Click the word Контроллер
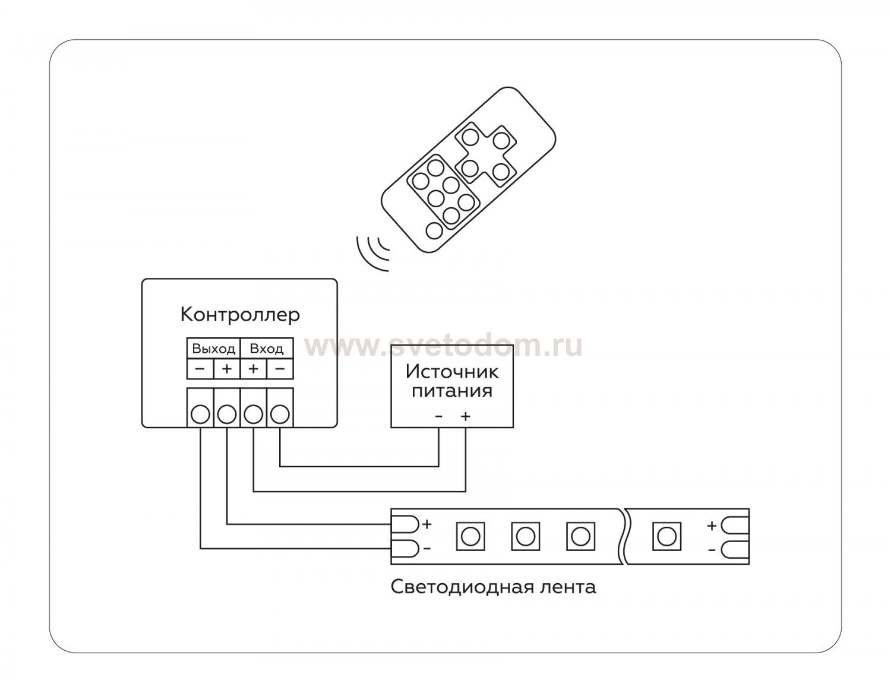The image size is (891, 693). coord(240,314)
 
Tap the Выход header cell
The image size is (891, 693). coord(213,349)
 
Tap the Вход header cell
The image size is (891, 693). coord(266,349)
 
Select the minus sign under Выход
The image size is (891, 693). coord(200,369)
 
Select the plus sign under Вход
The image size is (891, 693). coord(253,369)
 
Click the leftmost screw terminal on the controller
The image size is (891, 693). coord(201,413)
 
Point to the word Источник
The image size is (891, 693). coord(452,372)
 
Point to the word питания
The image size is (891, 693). coord(452,391)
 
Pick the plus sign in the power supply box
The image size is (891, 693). coord(465,416)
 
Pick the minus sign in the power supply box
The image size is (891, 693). coord(438,416)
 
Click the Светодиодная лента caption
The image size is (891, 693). coord(493,587)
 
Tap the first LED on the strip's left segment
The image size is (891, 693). coord(470,536)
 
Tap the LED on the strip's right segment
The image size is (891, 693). coord(666,536)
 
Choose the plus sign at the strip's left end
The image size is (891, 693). coord(426,524)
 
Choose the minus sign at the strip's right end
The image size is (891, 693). coord(712,550)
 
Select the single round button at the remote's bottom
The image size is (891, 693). coord(434,230)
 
